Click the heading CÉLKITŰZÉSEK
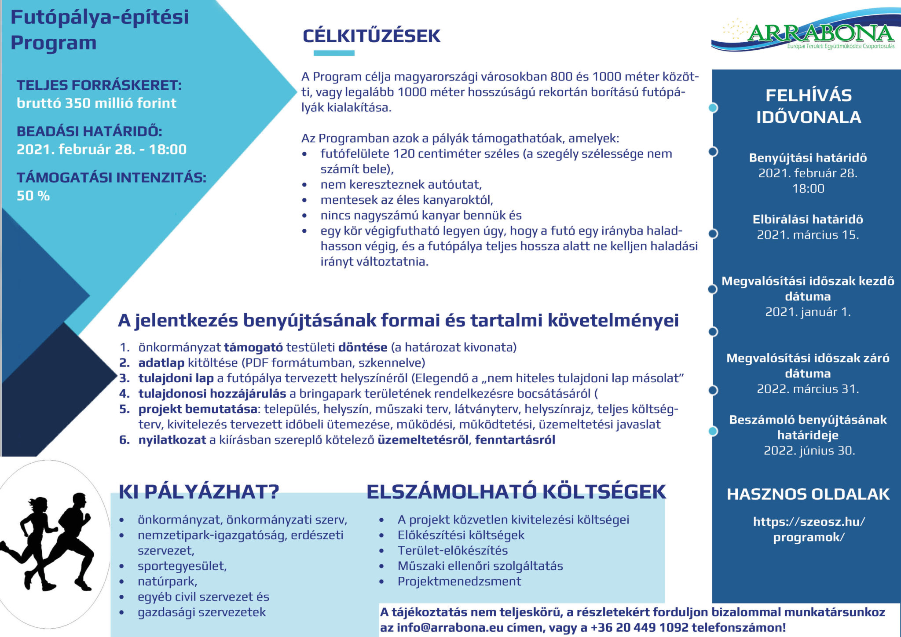coord(371,36)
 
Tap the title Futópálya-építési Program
coord(99,30)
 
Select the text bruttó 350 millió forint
coord(96,103)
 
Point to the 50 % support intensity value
coord(33,196)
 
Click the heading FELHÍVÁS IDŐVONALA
coord(808,106)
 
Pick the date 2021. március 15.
coord(808,235)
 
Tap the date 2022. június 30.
coord(809,450)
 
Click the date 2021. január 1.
coord(808,312)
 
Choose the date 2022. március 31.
coord(808,389)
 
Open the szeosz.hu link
coord(809,529)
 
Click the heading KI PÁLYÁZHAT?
coord(199,492)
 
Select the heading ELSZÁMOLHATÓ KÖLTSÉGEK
coord(516,492)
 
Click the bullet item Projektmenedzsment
coord(459,581)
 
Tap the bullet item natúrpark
coord(167,581)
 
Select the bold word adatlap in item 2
coord(161,363)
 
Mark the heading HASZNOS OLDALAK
coord(808,494)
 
